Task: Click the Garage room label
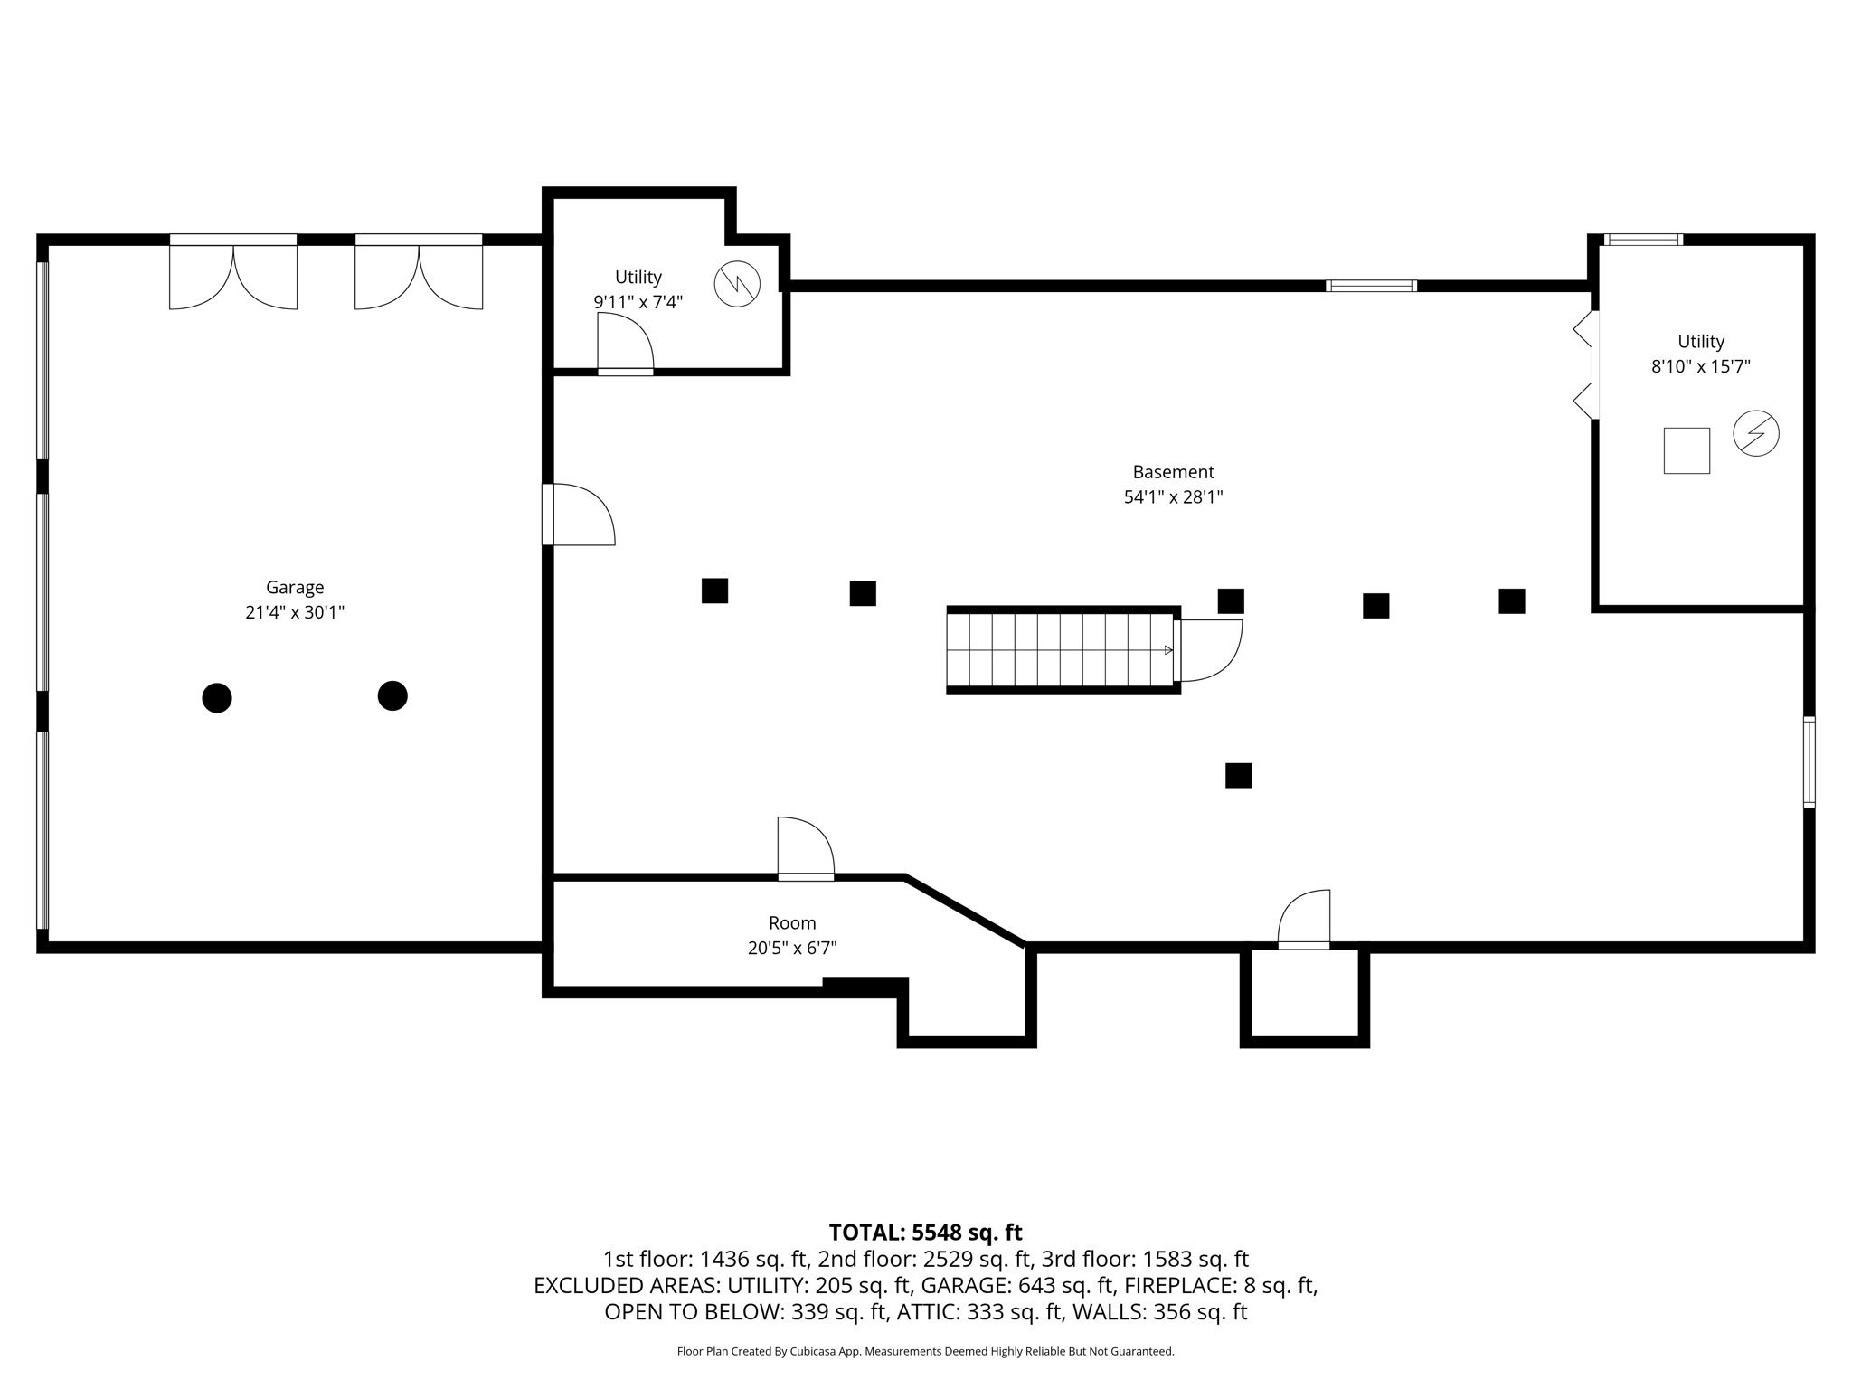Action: pos(295,588)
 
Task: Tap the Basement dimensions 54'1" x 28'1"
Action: pos(1173,496)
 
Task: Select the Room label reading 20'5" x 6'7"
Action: pos(792,935)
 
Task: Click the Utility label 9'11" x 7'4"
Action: pos(638,289)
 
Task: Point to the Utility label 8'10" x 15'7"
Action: pos(1700,354)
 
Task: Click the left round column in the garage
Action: pos(217,698)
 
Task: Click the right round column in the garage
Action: pos(392,695)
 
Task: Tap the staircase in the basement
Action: pos(1060,649)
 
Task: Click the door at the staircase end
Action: pos(1207,649)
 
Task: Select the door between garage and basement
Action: pos(579,515)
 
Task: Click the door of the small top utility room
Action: pos(625,344)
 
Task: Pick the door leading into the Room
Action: pos(805,848)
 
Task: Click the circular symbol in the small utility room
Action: pos(737,284)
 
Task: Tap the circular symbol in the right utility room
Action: pos(1755,433)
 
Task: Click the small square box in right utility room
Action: pos(1687,450)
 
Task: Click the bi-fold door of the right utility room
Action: pos(1584,364)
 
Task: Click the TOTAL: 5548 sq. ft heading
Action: pos(925,1233)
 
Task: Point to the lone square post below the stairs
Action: pos(1238,775)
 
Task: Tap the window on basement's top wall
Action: pos(1371,286)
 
